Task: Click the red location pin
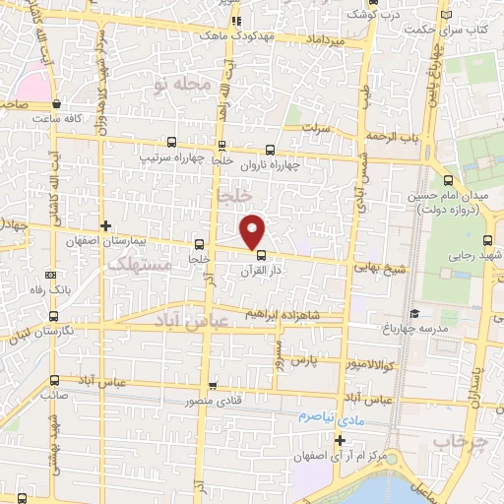[253, 230]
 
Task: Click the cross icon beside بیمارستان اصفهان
[106, 225]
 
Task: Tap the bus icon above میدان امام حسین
[449, 180]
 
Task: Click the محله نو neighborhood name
[182, 86]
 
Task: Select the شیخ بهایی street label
[374, 265]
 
